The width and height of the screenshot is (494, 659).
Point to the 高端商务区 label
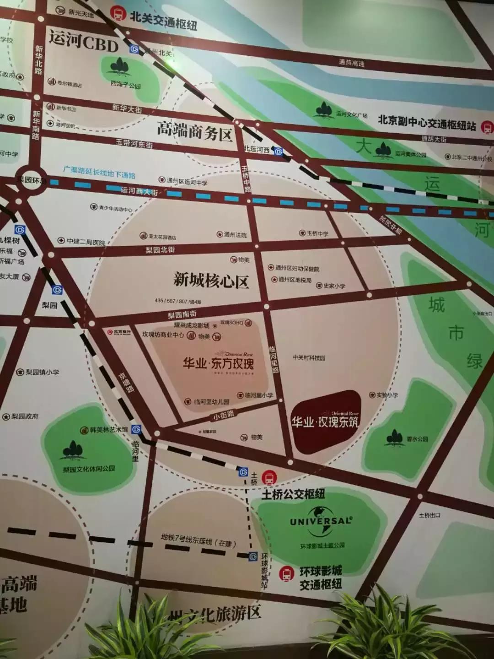[194, 130]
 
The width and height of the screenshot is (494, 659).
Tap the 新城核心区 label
[211, 280]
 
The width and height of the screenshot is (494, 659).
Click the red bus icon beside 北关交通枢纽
[119, 13]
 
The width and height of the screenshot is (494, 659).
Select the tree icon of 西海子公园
[120, 67]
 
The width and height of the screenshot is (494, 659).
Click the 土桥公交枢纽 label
[293, 494]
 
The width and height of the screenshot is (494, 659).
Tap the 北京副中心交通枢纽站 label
[426, 123]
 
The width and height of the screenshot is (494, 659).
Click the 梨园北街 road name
[160, 250]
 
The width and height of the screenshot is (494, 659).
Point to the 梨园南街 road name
[182, 314]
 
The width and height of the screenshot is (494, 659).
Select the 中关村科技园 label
[309, 358]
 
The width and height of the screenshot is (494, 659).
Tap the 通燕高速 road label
[352, 63]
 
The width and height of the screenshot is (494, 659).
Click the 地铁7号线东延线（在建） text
[198, 540]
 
